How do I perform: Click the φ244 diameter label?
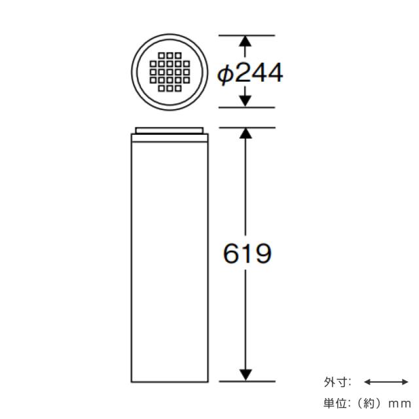point(250,73)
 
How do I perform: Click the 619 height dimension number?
point(247,253)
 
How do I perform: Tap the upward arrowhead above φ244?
point(245,42)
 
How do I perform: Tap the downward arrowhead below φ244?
point(245,101)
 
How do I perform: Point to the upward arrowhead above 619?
point(246,133)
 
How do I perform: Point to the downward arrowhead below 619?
point(246,375)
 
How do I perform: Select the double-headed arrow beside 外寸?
point(386,382)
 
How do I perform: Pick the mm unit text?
point(399,404)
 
